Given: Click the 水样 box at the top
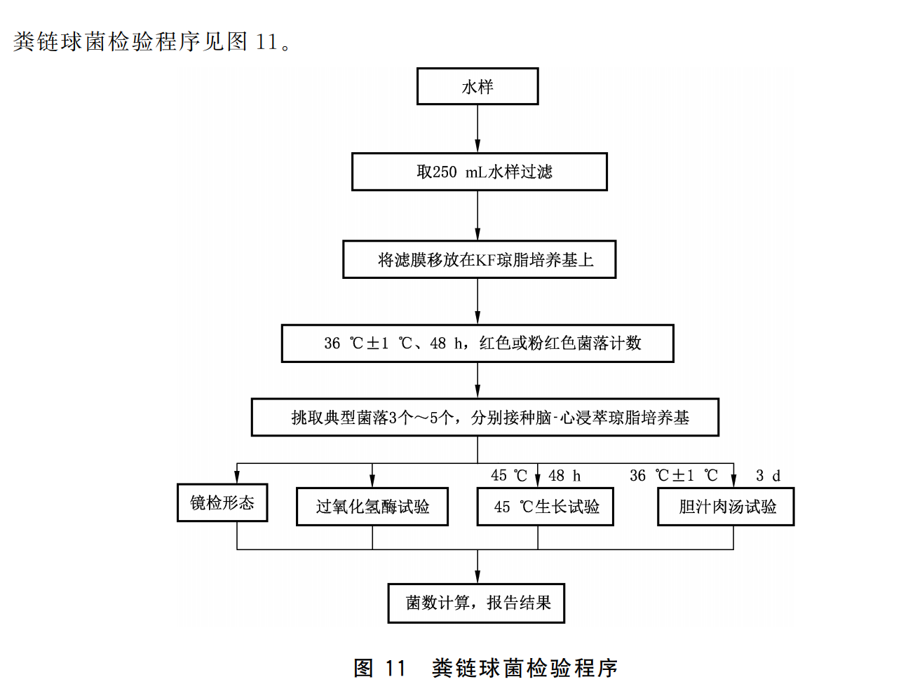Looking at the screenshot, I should click(x=477, y=86).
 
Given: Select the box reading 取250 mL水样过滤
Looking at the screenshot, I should click(x=479, y=172).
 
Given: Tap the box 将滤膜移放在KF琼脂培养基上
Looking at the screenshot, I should click(x=479, y=259).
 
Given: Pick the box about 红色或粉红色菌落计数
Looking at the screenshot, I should click(x=477, y=343).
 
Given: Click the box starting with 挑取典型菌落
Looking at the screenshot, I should click(x=485, y=418).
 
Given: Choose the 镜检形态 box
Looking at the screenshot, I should click(x=222, y=502).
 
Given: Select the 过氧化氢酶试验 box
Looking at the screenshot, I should click(x=372, y=507).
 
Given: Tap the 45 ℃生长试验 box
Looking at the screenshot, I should click(x=545, y=507).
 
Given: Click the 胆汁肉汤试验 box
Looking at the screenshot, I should click(x=726, y=507).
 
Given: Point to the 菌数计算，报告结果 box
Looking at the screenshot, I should click(x=476, y=603).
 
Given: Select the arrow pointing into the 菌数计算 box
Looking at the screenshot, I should click(x=477, y=567).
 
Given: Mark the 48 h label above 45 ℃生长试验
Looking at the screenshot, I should click(x=564, y=476).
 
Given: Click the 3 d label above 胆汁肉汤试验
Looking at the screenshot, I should click(x=768, y=476).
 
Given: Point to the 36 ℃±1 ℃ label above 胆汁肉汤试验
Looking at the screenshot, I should click(x=673, y=476).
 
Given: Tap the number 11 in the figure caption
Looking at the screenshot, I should click(x=395, y=668).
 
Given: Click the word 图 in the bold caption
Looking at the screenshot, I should click(x=364, y=668).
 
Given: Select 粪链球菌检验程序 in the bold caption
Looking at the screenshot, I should click(x=524, y=668).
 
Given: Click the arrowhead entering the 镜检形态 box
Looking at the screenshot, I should click(x=237, y=477).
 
